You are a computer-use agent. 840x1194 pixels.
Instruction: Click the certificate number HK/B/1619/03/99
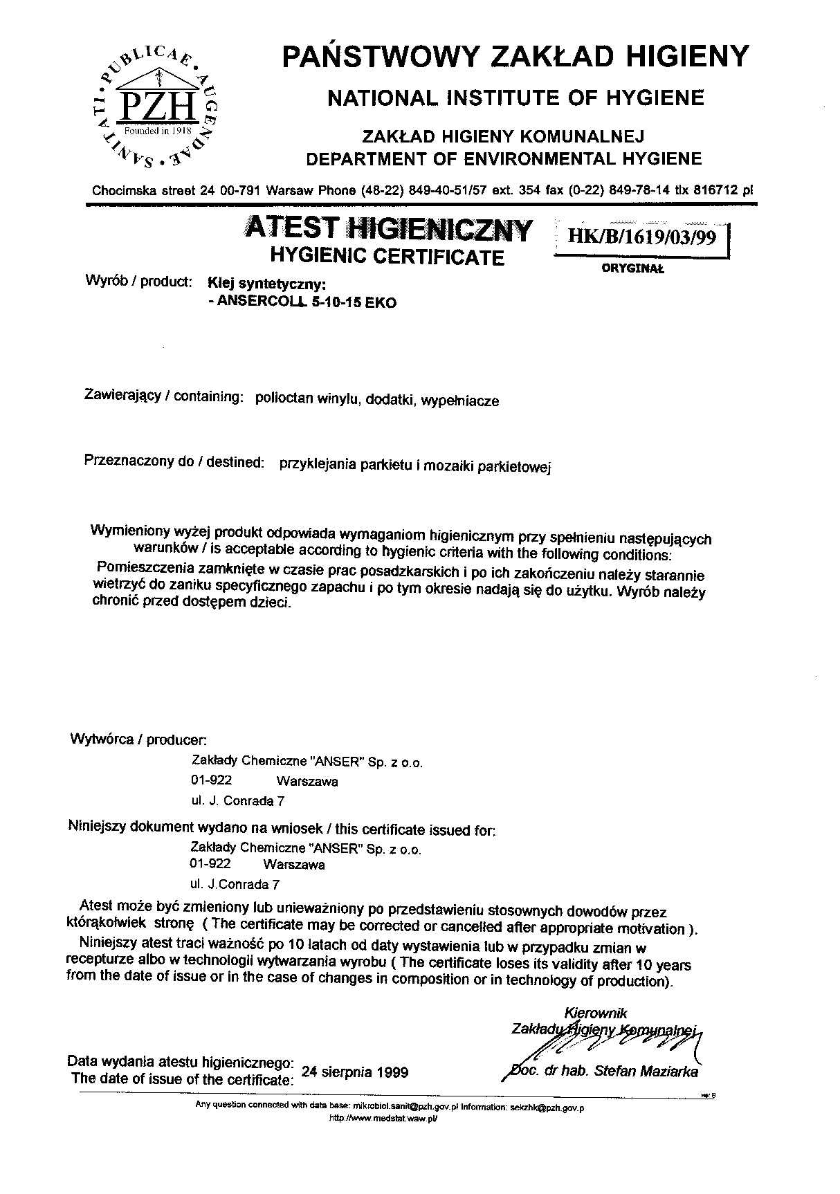click(x=641, y=237)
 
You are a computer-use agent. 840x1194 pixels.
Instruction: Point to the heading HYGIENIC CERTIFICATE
click(x=387, y=257)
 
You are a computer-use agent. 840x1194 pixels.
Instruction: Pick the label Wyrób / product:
click(x=138, y=282)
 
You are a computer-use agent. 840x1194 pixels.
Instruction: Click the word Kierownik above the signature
click(x=596, y=1013)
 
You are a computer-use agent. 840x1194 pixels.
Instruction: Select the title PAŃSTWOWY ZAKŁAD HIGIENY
click(x=515, y=56)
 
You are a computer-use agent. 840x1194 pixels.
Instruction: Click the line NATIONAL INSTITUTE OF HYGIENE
click(x=515, y=98)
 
